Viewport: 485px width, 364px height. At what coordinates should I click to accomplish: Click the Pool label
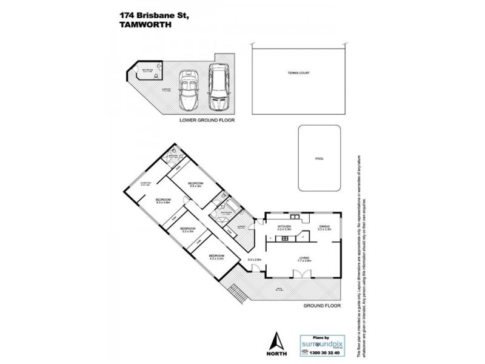point(319,158)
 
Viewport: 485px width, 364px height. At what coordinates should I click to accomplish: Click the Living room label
point(304,258)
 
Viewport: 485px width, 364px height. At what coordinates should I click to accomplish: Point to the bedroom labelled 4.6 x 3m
point(195,184)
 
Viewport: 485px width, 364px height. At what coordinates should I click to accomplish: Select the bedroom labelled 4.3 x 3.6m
point(163,201)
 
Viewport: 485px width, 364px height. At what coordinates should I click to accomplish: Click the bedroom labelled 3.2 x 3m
point(188,229)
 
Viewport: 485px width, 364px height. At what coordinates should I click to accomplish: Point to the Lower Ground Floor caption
point(207,120)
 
